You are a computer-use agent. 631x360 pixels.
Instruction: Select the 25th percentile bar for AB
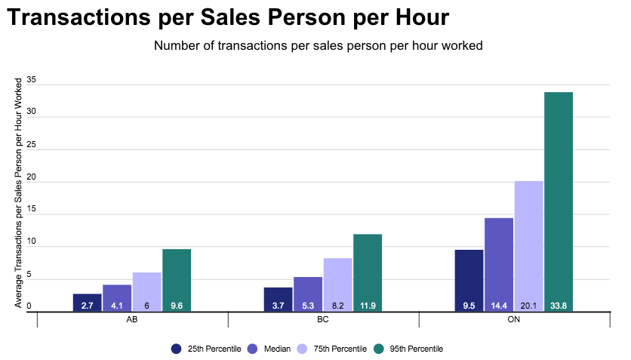[88, 301]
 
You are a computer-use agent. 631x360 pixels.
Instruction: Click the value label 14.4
[499, 306]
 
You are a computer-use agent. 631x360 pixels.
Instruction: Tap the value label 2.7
[88, 306]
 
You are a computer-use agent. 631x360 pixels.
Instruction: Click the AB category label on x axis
[131, 320]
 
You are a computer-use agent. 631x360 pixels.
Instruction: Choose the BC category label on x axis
[323, 320]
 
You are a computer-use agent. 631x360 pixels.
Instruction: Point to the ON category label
[514, 320]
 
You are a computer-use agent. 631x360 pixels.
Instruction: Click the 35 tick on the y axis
[31, 81]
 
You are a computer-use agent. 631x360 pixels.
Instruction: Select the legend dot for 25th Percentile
[177, 349]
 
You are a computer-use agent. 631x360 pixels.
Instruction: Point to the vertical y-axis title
[18, 192]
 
